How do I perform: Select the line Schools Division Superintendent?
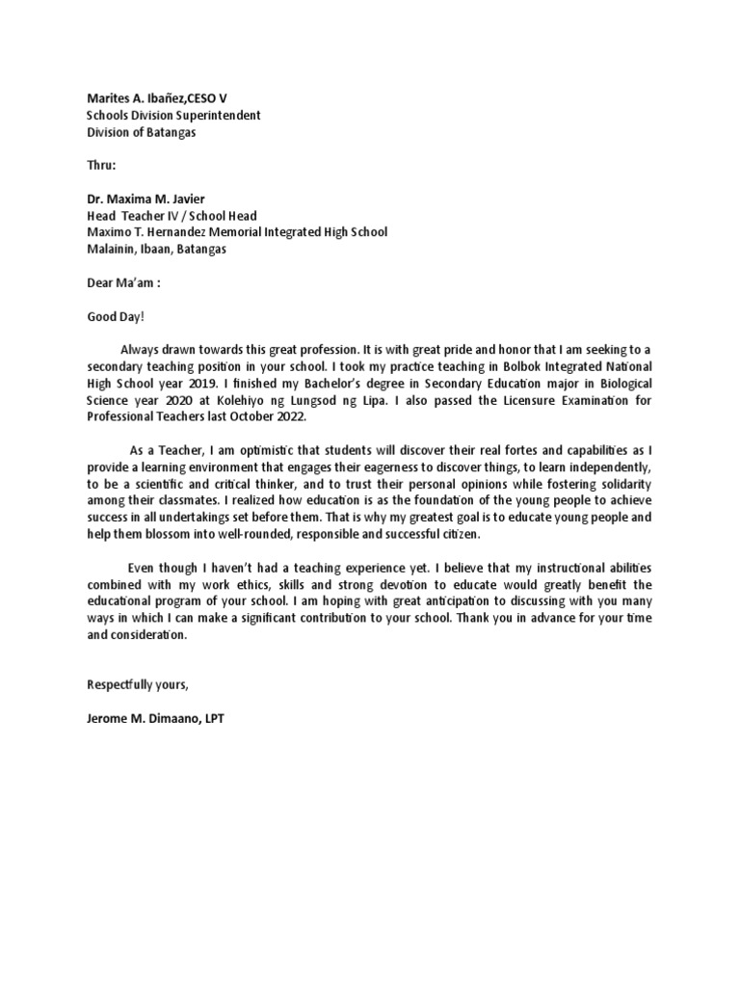(173, 115)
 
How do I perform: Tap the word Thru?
(103, 165)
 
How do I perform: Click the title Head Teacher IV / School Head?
(172, 216)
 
